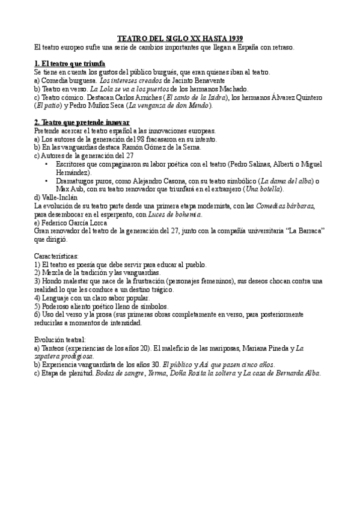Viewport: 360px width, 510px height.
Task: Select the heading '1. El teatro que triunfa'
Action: [x=70, y=63]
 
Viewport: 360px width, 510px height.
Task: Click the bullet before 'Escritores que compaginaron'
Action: [x=47, y=164]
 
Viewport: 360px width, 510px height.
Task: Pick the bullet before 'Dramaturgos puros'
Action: [x=47, y=180]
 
